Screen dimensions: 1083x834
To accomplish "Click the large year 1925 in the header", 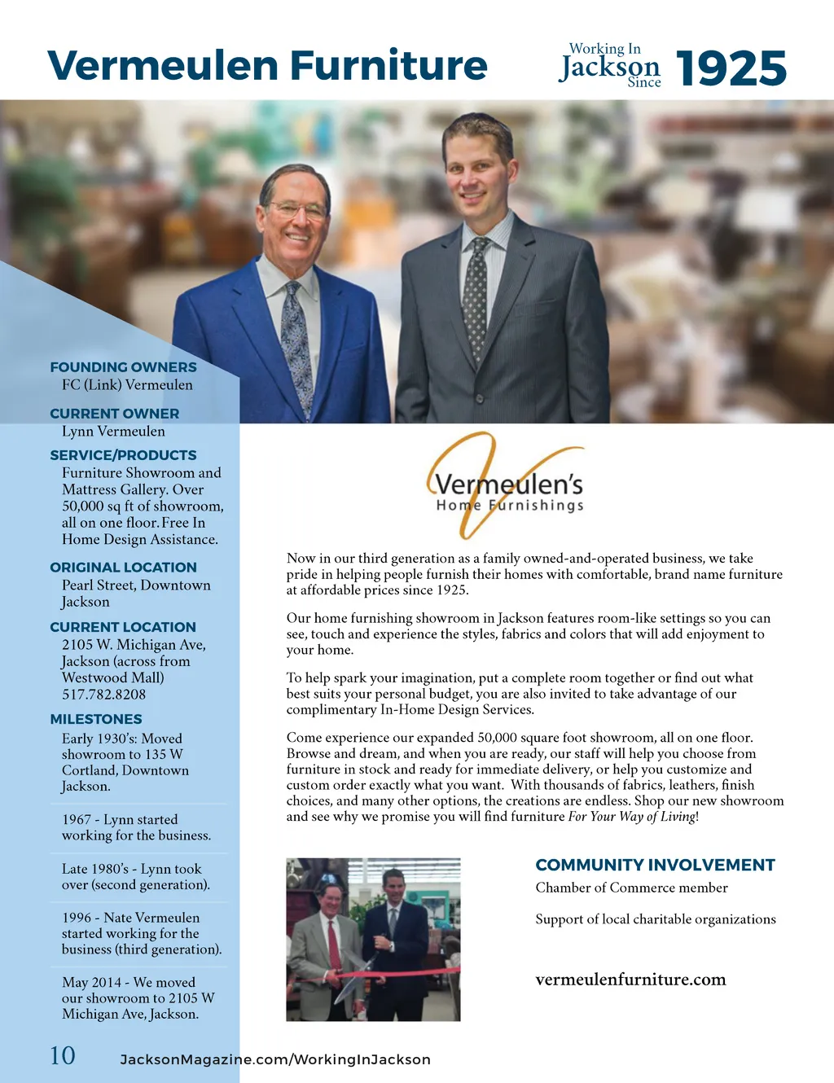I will [731, 68].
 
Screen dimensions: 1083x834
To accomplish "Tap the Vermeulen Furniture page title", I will [267, 65].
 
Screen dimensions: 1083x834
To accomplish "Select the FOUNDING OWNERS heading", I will [123, 367].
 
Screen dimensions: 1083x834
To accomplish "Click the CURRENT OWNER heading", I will [114, 414].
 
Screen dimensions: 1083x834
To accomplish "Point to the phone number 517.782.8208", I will [103, 695].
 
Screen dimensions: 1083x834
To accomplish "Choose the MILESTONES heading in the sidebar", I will [96, 719].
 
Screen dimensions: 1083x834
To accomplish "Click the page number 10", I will [63, 1056].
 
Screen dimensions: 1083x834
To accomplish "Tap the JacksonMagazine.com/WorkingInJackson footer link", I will [275, 1059].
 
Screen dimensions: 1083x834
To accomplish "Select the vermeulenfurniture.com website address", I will [630, 980].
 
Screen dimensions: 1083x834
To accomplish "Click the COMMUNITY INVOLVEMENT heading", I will [655, 865].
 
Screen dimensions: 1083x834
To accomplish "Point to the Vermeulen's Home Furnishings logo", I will [508, 487].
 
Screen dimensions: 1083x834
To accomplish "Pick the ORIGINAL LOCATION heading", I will [123, 568].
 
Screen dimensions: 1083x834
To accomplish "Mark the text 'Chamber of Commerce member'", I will [631, 888].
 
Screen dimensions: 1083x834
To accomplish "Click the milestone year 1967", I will [77, 820].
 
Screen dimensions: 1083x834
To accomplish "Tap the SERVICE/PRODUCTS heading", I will [123, 455].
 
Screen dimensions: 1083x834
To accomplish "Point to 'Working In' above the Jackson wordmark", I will [604, 49].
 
